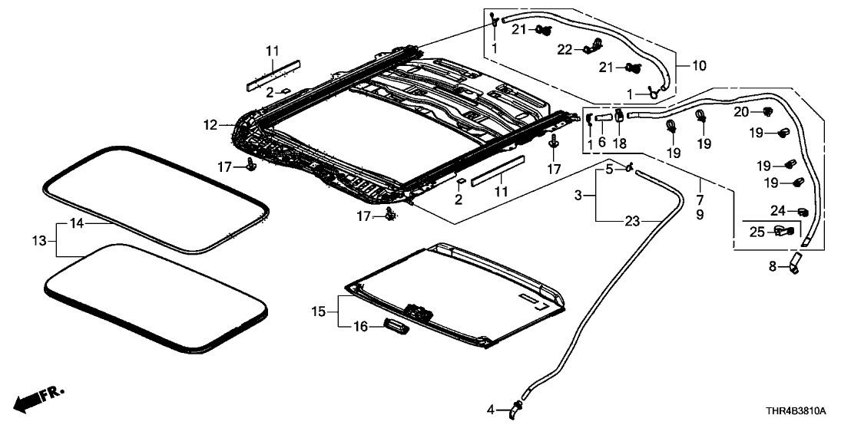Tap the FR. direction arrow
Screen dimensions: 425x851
(40, 397)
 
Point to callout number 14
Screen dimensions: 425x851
(75, 225)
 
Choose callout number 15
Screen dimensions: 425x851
(320, 312)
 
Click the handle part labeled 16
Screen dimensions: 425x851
(392, 327)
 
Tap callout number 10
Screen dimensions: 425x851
(699, 66)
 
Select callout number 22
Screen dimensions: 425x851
(565, 49)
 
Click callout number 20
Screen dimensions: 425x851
(740, 112)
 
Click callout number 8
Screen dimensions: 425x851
(773, 267)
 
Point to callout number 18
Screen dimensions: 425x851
(620, 143)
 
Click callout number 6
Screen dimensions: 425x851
(603, 143)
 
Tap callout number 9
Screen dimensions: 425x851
(699, 216)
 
